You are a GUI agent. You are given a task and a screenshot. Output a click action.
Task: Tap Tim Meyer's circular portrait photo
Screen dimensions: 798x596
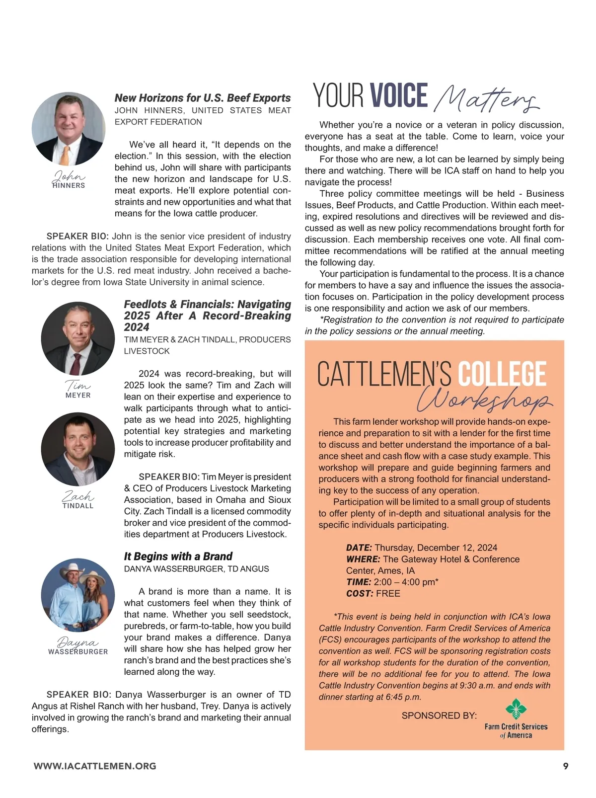point(78,338)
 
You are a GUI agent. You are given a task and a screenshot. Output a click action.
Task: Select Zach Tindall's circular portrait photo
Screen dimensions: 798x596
point(78,449)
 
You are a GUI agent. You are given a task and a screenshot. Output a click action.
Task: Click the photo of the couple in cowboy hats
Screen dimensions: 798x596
point(78,594)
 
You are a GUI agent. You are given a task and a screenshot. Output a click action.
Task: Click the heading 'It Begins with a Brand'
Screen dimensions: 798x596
point(178,556)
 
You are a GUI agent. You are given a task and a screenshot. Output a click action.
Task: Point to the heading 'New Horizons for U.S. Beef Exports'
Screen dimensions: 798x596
point(203,98)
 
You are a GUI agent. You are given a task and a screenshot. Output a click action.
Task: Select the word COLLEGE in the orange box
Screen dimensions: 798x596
point(502,374)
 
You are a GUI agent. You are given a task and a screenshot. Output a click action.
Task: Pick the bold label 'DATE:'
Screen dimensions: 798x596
point(359,548)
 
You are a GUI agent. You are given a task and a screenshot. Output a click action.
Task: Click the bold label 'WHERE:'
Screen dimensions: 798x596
point(363,559)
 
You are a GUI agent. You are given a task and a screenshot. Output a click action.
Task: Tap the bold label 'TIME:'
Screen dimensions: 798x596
point(359,582)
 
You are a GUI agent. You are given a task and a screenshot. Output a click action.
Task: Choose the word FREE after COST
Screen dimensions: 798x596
point(388,593)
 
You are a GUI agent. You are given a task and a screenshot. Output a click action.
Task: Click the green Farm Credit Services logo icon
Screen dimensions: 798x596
point(516,709)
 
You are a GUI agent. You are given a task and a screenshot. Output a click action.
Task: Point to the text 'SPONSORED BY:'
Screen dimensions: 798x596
point(439,716)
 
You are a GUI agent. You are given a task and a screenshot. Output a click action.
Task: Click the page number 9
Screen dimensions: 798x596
point(566,766)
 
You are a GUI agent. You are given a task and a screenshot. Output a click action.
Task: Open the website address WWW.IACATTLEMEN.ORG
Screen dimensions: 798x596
point(95,766)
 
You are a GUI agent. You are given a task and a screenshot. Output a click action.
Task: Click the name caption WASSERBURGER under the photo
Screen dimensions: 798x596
point(78,651)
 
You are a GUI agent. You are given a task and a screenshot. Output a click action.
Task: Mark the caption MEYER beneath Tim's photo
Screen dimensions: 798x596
point(78,395)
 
